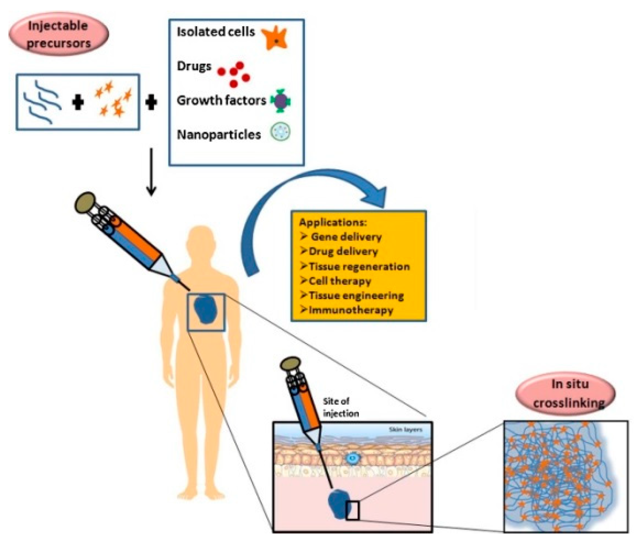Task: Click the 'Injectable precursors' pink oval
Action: (x=58, y=34)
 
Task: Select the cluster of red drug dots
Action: (x=234, y=74)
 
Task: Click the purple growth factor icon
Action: (x=280, y=101)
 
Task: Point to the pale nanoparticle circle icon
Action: (x=281, y=133)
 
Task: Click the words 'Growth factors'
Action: (x=221, y=100)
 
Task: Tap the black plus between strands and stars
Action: (x=78, y=102)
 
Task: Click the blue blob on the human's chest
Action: (x=206, y=310)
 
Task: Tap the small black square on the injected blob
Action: (x=352, y=510)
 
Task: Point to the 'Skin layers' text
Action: (x=405, y=429)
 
